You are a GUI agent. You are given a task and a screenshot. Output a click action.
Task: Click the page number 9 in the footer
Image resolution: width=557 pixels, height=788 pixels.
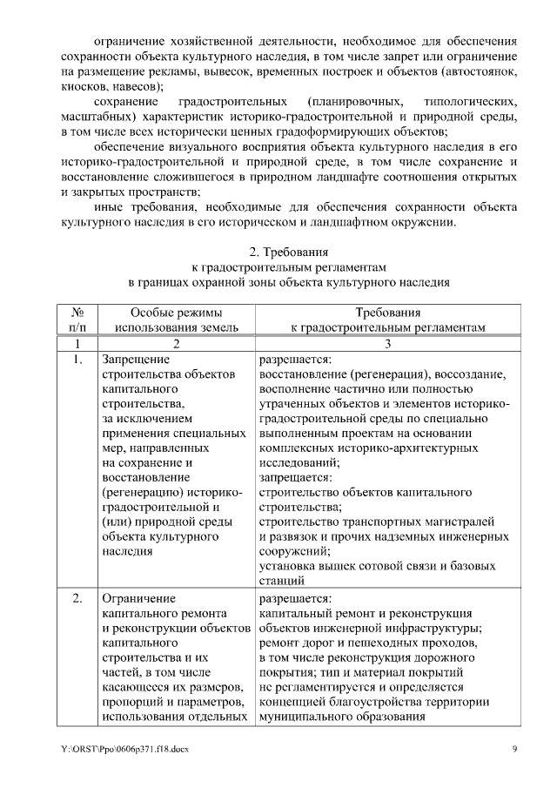(x=514, y=749)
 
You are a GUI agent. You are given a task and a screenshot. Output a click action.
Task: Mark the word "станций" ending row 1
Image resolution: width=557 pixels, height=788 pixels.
(x=282, y=579)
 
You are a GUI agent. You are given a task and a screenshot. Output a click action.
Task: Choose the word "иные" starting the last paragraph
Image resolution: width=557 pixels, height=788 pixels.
(x=108, y=207)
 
